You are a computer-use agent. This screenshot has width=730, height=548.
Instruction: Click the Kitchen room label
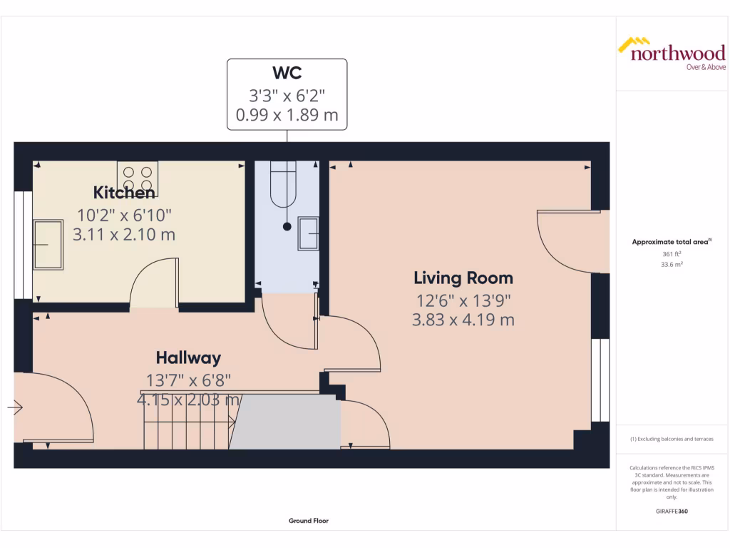point(124,193)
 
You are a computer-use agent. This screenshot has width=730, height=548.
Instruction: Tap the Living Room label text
point(463,278)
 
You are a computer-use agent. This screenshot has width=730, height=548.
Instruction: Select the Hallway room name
point(188,358)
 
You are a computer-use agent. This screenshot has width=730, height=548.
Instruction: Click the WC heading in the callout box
point(287,73)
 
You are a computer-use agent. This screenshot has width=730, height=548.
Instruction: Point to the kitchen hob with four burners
point(138,178)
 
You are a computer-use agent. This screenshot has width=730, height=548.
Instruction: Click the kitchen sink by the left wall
point(48,245)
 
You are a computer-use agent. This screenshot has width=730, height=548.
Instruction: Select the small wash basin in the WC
point(309,233)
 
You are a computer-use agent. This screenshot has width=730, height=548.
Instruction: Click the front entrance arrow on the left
point(15,408)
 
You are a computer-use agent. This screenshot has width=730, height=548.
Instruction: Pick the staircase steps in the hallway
point(187,423)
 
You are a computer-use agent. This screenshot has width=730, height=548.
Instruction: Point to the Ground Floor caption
point(309,521)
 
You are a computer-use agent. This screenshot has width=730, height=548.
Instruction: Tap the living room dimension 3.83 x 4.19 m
point(463,320)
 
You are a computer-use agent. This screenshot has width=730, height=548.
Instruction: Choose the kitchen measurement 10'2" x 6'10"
point(124,214)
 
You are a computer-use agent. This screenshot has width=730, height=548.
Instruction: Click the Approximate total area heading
point(670,243)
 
